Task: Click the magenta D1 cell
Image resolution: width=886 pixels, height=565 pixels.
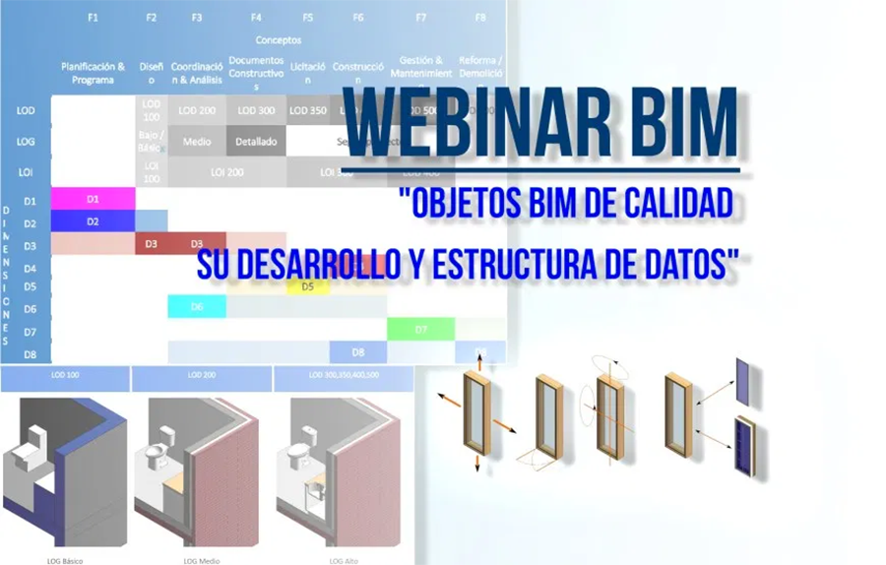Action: [x=93, y=199]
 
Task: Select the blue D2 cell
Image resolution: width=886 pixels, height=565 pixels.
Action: [x=93, y=221]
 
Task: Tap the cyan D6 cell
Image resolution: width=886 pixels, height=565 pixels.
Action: [x=197, y=307]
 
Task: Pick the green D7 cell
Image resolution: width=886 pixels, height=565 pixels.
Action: [x=420, y=329]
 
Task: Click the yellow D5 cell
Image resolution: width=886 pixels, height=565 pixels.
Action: [x=307, y=286]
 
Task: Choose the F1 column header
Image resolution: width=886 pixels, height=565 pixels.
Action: [x=93, y=17]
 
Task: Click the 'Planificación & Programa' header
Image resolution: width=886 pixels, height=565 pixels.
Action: [x=93, y=73]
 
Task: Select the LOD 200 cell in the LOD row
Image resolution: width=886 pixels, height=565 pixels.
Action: [x=198, y=110]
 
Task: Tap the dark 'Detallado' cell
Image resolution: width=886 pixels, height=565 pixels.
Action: [x=256, y=141]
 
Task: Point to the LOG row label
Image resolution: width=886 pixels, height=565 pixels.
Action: [x=26, y=141]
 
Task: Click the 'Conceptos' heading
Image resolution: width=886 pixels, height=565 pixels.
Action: [x=279, y=40]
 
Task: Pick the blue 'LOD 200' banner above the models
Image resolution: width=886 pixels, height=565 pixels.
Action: [x=201, y=375]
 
